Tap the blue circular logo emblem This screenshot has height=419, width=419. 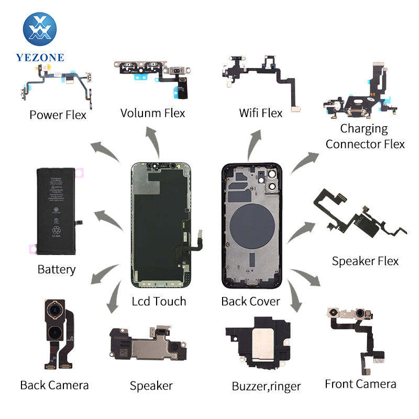(x=40, y=29)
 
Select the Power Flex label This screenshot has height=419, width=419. (x=58, y=115)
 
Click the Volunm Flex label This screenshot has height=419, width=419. (x=152, y=113)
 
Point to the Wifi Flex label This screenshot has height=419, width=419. (x=260, y=113)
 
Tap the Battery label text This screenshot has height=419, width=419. (x=57, y=270)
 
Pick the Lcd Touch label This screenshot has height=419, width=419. (x=159, y=301)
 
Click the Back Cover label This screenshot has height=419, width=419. (x=250, y=301)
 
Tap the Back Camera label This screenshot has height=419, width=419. (x=54, y=385)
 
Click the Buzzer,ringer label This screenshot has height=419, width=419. (x=266, y=387)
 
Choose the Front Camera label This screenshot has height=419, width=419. (x=360, y=384)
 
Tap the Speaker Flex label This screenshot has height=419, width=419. (x=365, y=261)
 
